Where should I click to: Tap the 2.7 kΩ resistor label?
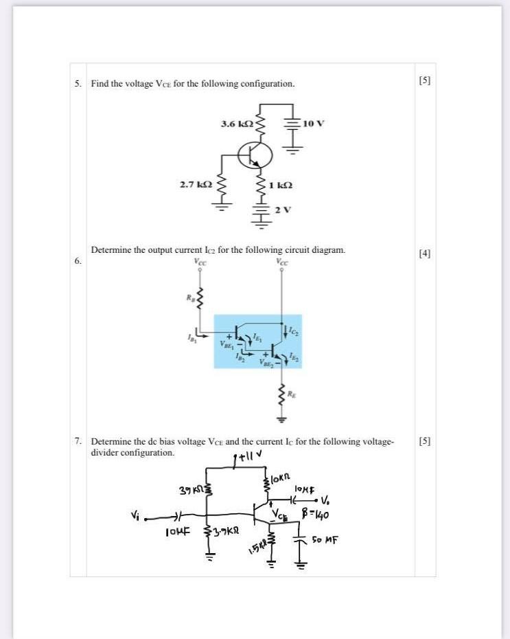pos(194,184)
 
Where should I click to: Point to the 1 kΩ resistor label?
pos(281,184)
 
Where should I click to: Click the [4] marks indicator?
pos(425,254)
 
